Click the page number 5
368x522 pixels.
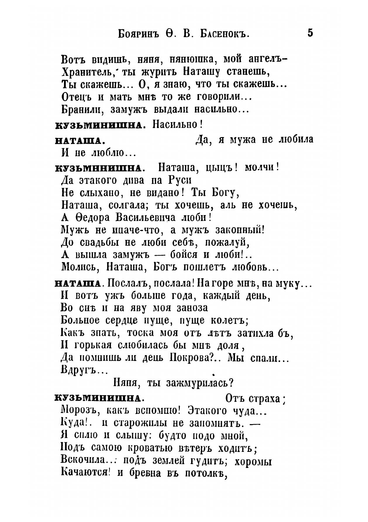point(310,32)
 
